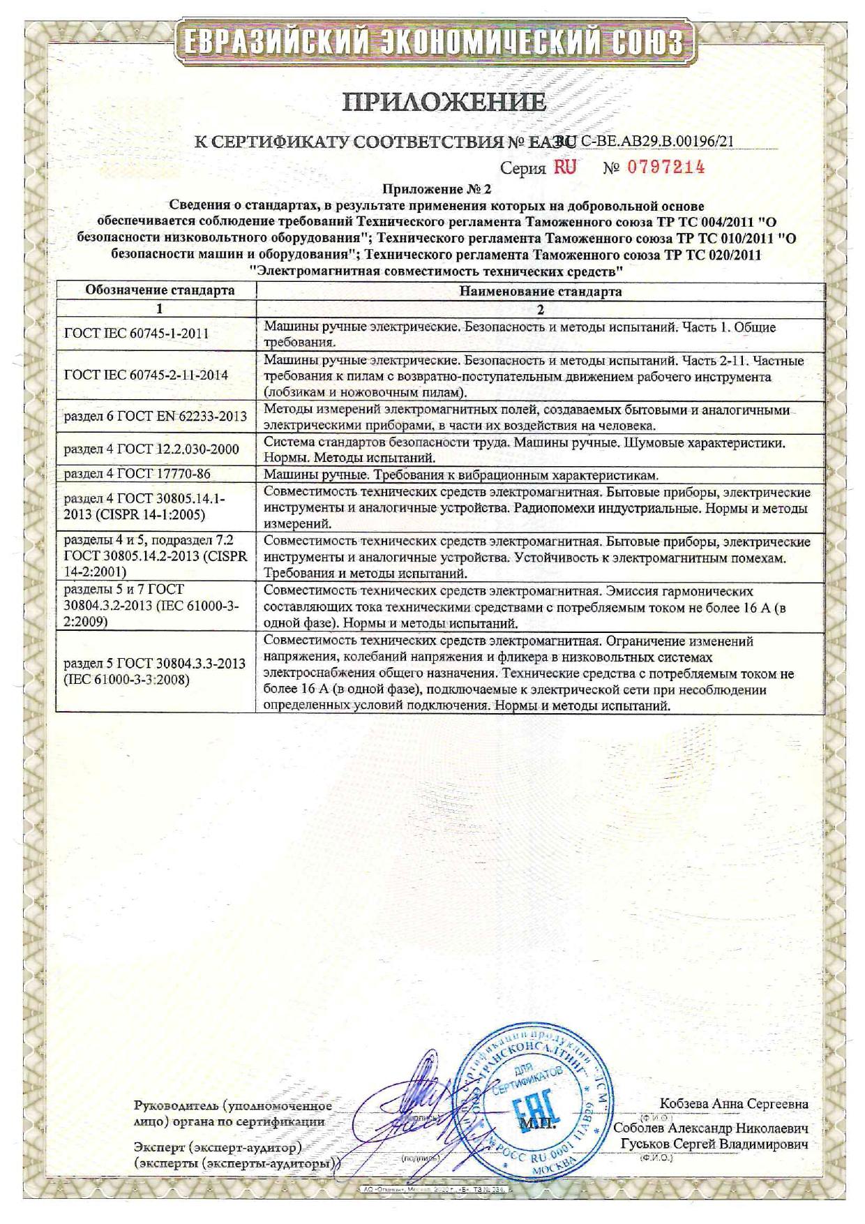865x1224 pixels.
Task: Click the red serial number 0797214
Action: coord(665,167)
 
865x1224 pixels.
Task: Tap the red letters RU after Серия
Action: coord(564,167)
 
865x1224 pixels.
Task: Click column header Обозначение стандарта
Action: coord(160,290)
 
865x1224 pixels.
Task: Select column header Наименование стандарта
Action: coord(540,292)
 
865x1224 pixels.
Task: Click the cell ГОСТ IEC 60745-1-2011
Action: coord(137,334)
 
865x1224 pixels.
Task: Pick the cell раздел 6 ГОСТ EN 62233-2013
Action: coord(155,417)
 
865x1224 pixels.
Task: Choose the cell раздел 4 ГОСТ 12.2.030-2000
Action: coord(151,449)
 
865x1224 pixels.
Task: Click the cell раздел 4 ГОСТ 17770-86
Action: coord(137,475)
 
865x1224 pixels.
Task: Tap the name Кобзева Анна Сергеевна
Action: coord(733,1104)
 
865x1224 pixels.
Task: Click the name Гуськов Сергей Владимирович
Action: coord(714,1145)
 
